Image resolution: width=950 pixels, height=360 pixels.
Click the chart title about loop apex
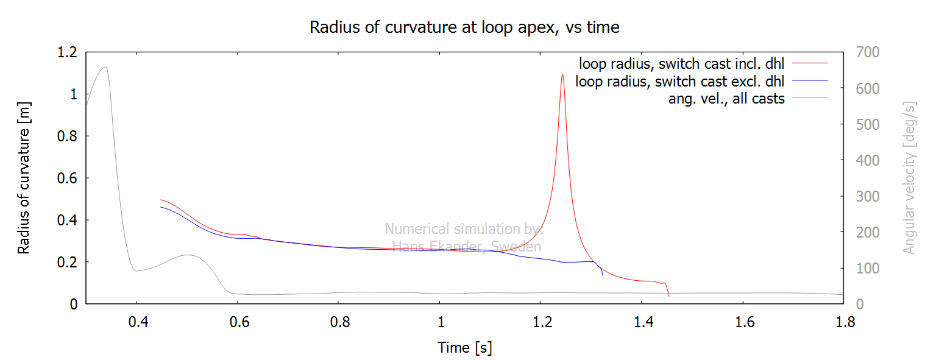464,27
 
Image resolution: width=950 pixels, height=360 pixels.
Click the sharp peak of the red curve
562,75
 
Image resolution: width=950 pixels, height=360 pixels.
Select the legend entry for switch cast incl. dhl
682,63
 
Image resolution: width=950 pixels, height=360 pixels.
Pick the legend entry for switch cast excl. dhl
680,81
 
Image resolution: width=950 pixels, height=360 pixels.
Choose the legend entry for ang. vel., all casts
726,99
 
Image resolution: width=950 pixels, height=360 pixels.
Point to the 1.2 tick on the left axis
65,52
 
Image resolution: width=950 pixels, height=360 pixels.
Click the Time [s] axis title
464,348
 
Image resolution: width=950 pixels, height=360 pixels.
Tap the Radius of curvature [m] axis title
24,178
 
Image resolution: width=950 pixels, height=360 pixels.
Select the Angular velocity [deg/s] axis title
909,178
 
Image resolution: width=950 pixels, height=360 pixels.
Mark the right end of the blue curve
603,275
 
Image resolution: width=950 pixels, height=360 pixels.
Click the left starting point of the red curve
161,200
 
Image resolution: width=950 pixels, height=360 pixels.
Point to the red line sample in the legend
810,63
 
